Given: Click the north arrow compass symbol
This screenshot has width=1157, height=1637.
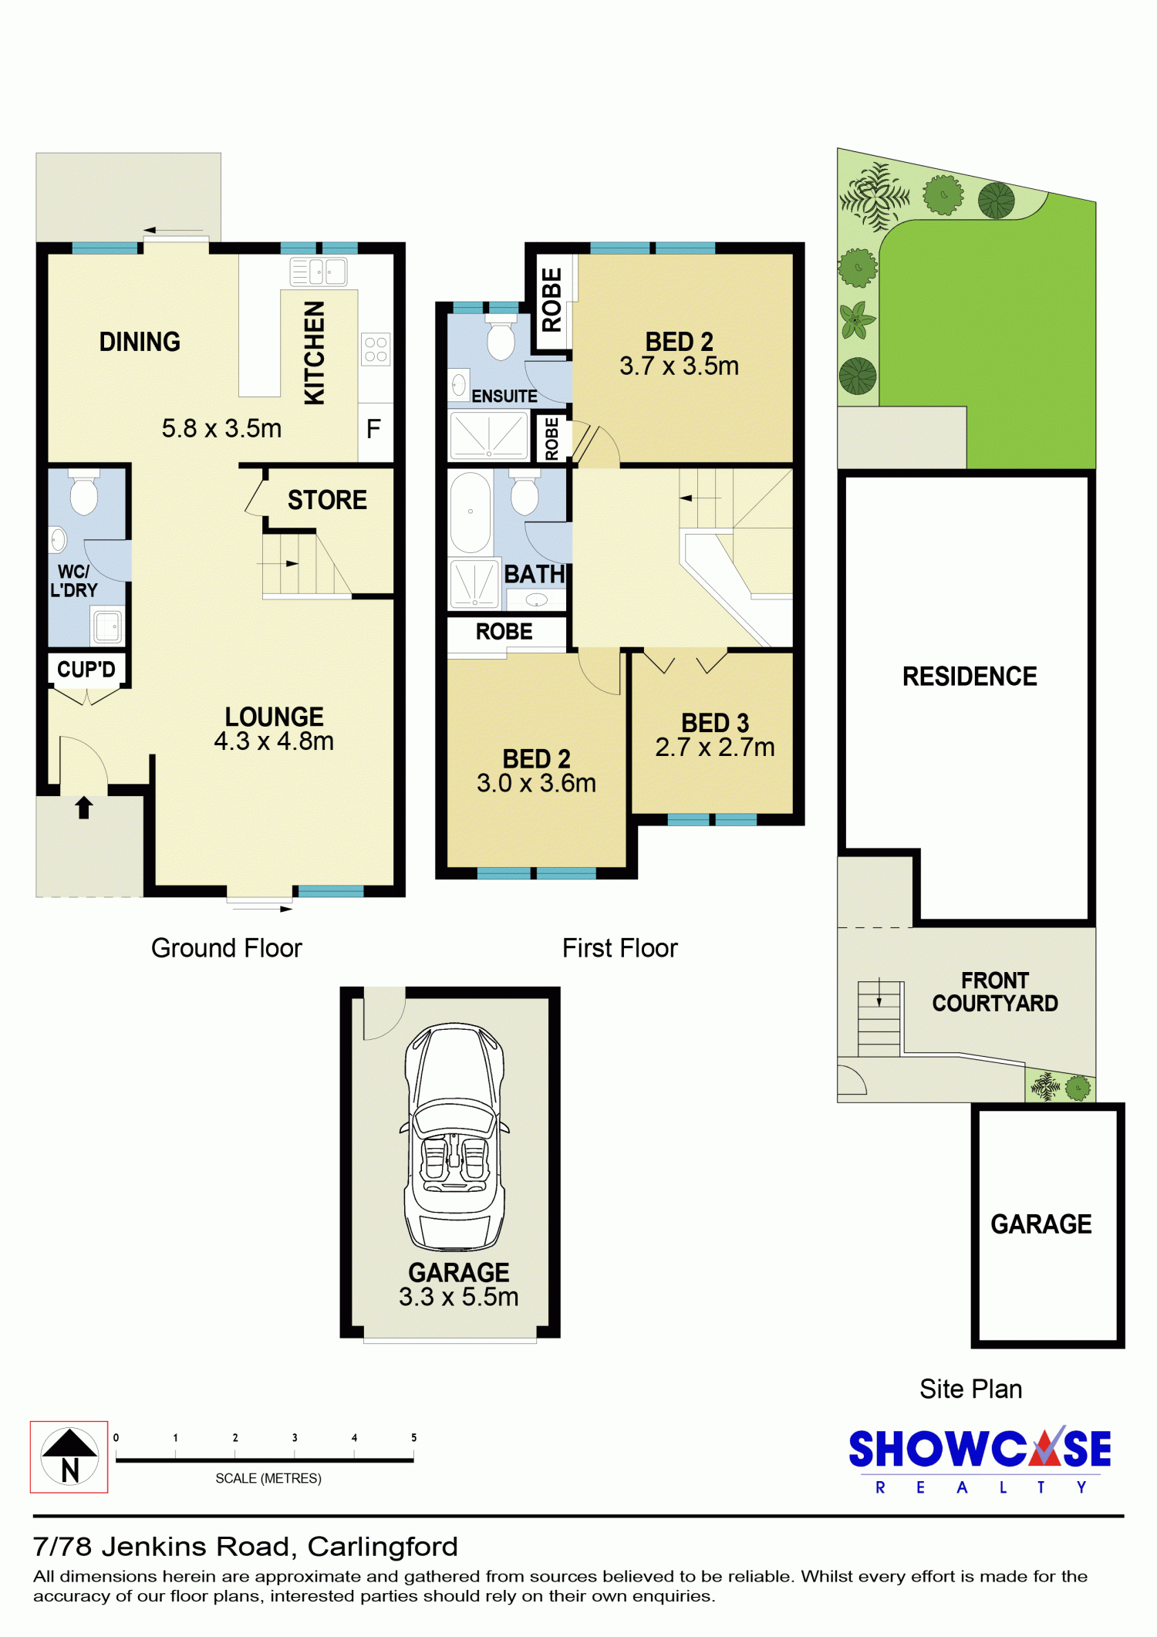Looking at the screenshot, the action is (x=69, y=1456).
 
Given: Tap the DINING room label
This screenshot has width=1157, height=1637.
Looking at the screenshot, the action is (x=140, y=342).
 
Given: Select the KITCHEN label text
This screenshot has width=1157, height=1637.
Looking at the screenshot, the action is (x=314, y=353).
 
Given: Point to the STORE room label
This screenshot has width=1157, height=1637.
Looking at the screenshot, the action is (x=327, y=500).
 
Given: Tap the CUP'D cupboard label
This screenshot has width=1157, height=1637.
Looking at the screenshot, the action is (x=86, y=669).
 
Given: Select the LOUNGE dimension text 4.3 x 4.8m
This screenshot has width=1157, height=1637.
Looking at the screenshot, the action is (x=274, y=741).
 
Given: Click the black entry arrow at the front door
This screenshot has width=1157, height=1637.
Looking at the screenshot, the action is (x=84, y=808).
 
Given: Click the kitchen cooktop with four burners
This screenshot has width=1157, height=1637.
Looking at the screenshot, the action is (x=376, y=349).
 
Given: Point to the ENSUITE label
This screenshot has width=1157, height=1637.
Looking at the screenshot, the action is (x=504, y=396).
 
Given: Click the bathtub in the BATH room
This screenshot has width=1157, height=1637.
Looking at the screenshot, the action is (x=470, y=512).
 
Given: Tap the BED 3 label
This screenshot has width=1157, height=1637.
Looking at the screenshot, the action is (x=715, y=723).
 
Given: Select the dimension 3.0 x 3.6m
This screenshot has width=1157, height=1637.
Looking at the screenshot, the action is (x=536, y=783).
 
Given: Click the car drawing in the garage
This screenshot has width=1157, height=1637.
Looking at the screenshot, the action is (x=455, y=1136).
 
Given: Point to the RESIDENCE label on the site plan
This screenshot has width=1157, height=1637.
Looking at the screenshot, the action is (x=970, y=677).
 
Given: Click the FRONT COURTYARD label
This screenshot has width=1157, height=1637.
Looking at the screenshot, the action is (x=995, y=992).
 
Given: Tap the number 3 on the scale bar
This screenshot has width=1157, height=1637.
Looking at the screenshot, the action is (x=295, y=1438).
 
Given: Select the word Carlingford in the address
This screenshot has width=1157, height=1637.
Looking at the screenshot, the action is (x=383, y=1547).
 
